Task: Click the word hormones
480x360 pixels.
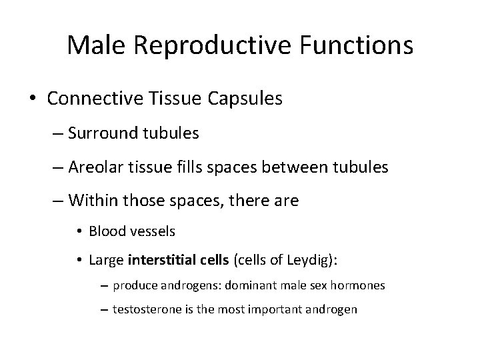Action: tap(356, 286)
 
